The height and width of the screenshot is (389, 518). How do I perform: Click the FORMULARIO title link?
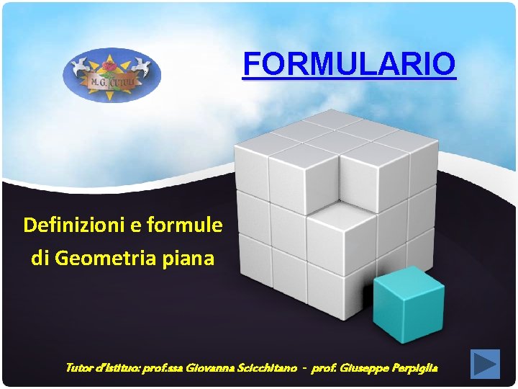[x=349, y=63]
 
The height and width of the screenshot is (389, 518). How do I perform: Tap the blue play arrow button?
[x=485, y=364]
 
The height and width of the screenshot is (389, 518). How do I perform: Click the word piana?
[x=192, y=258]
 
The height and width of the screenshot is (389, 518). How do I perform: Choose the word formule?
[x=185, y=225]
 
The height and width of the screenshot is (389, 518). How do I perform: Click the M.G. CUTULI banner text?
[x=112, y=85]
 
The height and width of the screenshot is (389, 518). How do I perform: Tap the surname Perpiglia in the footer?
[x=413, y=368]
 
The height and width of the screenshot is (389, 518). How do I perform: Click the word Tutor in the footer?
[x=78, y=368]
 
